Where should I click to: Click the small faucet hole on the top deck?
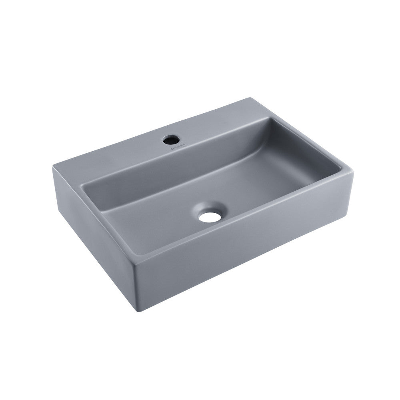[170, 140]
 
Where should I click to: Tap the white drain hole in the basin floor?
[210, 217]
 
